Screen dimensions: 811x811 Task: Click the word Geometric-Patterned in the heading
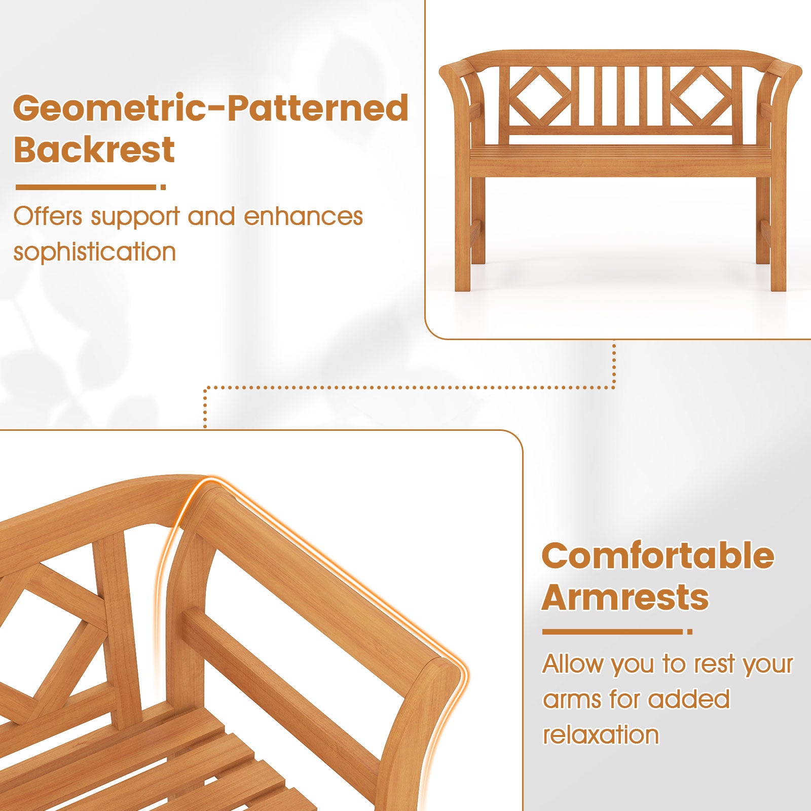(x=210, y=108)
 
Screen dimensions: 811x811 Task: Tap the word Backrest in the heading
(x=94, y=150)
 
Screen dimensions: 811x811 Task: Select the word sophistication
(x=94, y=252)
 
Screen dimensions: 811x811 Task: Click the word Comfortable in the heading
(x=658, y=556)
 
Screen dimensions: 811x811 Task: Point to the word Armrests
(x=625, y=597)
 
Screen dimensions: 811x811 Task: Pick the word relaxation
(x=601, y=735)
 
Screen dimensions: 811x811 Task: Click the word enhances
(x=303, y=216)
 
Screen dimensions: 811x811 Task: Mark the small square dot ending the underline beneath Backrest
(x=163, y=187)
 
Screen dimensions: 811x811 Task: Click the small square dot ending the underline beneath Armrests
(x=689, y=632)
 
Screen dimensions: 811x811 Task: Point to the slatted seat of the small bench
(x=621, y=152)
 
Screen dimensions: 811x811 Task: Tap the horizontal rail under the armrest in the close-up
(x=284, y=674)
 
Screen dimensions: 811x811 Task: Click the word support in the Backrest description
(x=135, y=217)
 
